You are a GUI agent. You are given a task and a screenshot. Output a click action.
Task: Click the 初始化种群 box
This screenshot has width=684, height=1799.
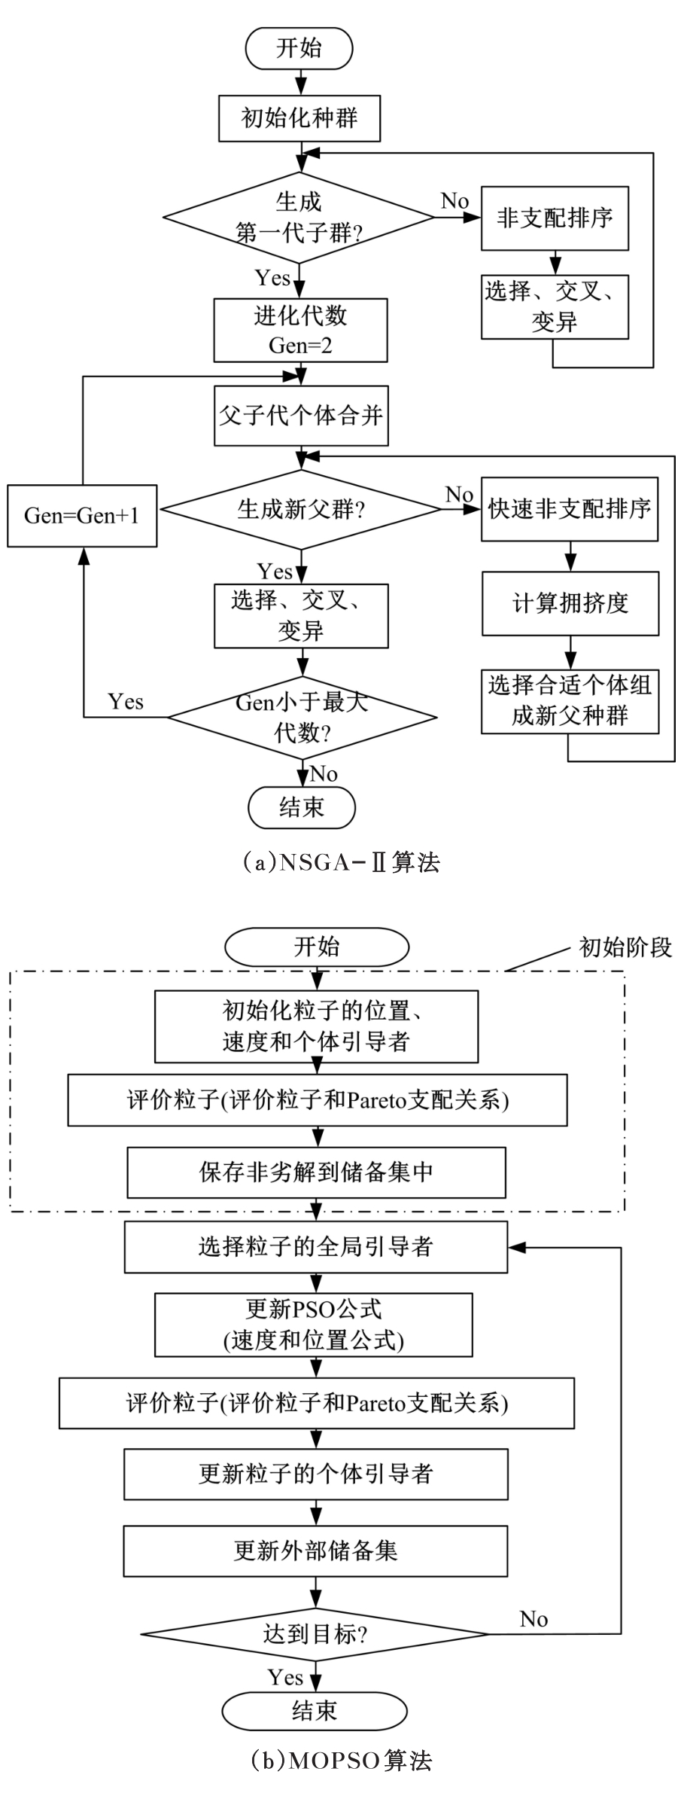coord(299,118)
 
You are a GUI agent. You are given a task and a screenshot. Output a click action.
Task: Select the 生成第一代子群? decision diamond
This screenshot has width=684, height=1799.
coord(299,218)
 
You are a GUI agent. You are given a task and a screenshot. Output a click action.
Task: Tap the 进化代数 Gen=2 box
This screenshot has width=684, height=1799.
coord(300,331)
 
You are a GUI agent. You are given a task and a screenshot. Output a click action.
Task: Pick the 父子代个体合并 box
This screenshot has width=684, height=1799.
coord(301,416)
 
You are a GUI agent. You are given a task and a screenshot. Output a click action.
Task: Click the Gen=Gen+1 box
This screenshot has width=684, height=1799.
coord(82,516)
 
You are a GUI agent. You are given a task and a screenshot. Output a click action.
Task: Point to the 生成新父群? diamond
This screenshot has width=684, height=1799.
coord(301,510)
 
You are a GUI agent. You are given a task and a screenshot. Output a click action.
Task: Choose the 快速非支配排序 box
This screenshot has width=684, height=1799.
coord(570,509)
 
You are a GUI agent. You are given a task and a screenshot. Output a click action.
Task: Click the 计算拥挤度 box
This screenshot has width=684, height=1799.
coord(570,603)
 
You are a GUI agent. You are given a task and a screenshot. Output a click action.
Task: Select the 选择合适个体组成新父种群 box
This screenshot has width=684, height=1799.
coord(570,701)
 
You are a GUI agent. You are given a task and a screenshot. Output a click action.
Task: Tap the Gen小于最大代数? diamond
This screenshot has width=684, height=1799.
coord(301,717)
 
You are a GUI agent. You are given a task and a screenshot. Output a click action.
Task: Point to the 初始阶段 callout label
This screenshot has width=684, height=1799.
coord(625,947)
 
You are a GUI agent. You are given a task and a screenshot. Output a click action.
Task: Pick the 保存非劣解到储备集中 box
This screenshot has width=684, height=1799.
coord(316,1172)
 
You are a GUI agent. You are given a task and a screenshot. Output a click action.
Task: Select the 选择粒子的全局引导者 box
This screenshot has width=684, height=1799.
coord(316,1247)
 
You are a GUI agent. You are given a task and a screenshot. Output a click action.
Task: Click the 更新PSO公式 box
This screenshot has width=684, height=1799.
coord(314,1325)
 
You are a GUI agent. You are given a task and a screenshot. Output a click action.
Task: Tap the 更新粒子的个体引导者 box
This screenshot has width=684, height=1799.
coord(316,1474)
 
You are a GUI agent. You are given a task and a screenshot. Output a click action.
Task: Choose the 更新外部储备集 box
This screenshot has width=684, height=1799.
coord(316,1551)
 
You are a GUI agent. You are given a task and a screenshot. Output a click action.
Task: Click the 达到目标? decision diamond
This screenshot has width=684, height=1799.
coord(315,1634)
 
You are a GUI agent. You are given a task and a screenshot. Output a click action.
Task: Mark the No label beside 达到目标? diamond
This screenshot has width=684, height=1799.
coord(534,1619)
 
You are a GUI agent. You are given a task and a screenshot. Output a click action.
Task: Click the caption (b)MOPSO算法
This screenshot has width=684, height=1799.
coord(342,1761)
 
